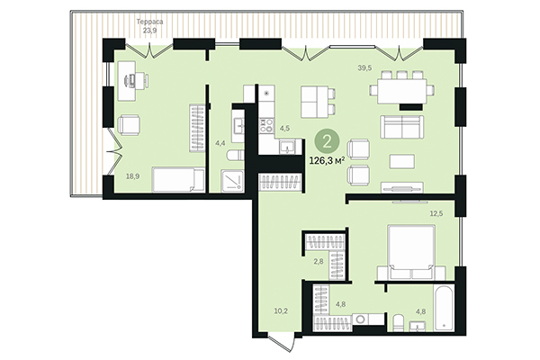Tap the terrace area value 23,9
148,30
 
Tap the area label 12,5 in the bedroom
437,212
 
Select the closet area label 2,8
318,261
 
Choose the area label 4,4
220,142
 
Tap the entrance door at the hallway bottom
281,345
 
